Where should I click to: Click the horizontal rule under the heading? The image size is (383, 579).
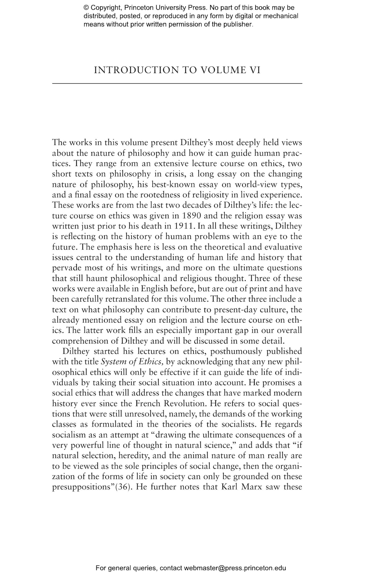click(x=177, y=83)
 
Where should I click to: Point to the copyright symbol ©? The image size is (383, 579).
click(x=86, y=8)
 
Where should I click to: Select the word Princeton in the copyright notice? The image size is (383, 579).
click(x=137, y=8)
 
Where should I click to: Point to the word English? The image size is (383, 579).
click(x=154, y=289)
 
